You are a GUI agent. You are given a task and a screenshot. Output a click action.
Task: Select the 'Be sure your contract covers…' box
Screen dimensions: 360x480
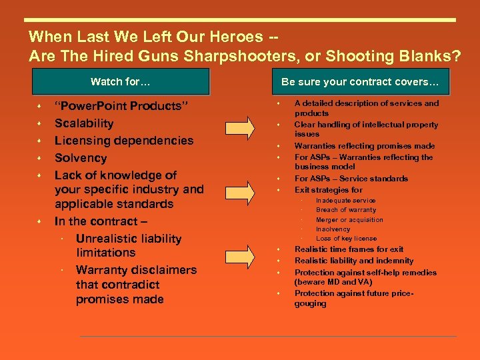tap(360, 82)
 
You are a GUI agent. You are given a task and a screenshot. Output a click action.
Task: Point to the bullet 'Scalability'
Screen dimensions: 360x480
tap(84, 123)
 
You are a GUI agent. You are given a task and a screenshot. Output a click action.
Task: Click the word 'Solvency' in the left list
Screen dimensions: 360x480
tap(81, 158)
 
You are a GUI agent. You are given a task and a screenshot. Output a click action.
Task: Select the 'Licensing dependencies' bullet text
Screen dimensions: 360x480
tap(124, 141)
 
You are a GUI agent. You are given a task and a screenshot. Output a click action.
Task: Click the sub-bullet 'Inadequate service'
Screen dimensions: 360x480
tap(345, 201)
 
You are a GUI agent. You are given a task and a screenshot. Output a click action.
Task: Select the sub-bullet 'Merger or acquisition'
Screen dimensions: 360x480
tap(349, 220)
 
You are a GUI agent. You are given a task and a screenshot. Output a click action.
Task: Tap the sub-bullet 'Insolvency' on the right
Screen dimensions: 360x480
tap(333, 229)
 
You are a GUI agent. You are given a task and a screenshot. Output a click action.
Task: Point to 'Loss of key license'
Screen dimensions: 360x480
tap(346, 239)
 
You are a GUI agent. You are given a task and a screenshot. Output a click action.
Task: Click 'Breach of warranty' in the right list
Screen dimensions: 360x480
tap(345, 210)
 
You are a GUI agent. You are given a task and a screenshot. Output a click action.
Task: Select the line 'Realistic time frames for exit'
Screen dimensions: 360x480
tap(349, 249)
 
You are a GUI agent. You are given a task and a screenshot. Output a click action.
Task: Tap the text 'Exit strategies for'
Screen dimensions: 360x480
tap(328, 190)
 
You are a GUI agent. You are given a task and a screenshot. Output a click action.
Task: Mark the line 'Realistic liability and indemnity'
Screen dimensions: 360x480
tap(353, 261)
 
